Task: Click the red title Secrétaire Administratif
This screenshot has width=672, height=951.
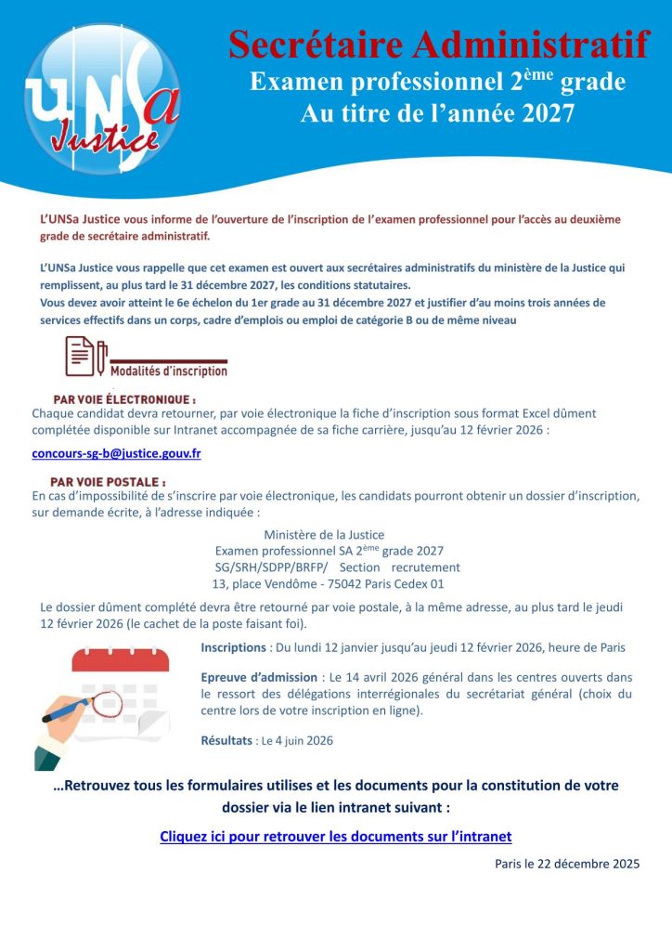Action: (438, 44)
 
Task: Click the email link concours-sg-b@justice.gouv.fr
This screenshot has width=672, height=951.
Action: (116, 453)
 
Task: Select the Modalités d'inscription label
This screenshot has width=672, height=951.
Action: (168, 371)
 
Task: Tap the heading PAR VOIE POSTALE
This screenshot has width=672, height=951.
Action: (108, 482)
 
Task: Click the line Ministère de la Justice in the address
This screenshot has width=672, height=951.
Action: (324, 534)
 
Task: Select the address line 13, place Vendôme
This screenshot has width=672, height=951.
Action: (328, 584)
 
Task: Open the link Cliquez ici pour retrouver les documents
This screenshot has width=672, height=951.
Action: (336, 837)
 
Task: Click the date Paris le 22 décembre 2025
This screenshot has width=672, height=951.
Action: (567, 864)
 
